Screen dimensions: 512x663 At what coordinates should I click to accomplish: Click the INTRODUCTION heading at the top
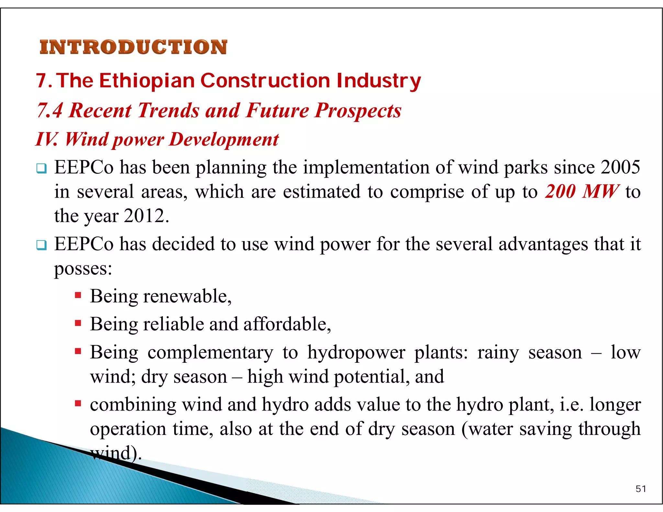[x=133, y=47]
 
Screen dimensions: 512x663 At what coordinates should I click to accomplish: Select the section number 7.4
[x=50, y=110]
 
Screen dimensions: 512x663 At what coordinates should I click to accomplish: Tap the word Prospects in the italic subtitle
[x=358, y=110]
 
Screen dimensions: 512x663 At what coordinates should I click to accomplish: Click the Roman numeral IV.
[x=46, y=139]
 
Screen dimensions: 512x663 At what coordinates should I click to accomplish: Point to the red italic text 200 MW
[x=582, y=192]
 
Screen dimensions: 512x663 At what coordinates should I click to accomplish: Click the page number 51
[x=641, y=489]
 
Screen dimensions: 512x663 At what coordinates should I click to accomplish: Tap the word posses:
[x=83, y=269]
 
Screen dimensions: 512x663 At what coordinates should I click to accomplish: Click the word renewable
[x=187, y=296]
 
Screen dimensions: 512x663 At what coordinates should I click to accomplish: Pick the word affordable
[x=287, y=324]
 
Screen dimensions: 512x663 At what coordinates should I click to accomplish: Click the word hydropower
[x=356, y=352]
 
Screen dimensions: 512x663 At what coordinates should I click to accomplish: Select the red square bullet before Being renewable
[x=78, y=295]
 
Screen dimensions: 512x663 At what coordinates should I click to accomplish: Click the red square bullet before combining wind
[x=78, y=404]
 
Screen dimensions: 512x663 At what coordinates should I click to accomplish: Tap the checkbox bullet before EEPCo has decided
[x=41, y=245]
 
